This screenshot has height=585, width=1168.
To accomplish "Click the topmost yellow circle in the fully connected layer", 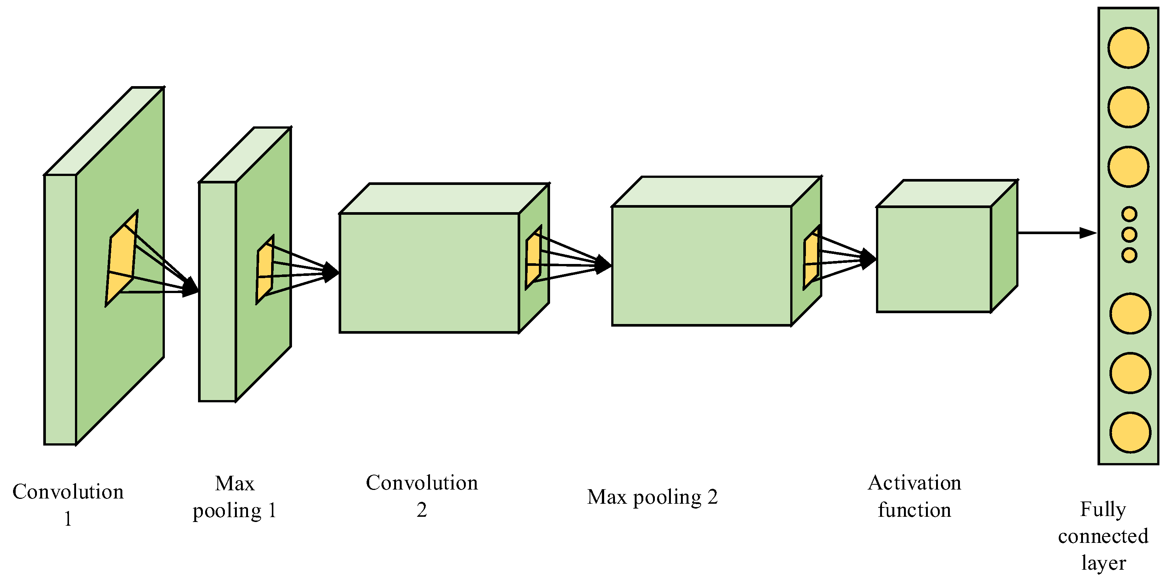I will tap(1128, 48).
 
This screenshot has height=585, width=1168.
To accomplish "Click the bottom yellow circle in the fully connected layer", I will tap(1130, 432).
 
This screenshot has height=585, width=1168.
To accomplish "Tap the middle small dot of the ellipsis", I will tap(1129, 235).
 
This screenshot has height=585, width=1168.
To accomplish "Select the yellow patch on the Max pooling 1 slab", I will tap(265, 270).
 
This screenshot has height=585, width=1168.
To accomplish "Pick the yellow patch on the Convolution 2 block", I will tap(534, 257).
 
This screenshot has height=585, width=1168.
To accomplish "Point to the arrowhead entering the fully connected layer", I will tap(1088, 233).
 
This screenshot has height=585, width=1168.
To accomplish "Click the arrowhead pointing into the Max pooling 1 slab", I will tap(191, 287).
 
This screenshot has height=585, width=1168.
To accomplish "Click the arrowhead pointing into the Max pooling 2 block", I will tap(603, 264).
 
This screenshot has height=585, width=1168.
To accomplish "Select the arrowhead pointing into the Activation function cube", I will tap(868, 259).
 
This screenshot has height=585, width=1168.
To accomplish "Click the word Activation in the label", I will tap(914, 483).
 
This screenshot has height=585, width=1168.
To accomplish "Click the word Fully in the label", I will tap(1103, 509).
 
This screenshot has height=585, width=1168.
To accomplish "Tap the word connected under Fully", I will tap(1103, 537).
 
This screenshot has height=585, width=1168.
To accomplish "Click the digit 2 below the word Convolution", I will tap(421, 510).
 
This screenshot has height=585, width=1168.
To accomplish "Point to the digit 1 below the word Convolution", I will tap(68, 518).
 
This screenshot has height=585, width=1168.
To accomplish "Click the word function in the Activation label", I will tap(914, 510).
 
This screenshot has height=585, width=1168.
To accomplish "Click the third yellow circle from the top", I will tap(1128, 166).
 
